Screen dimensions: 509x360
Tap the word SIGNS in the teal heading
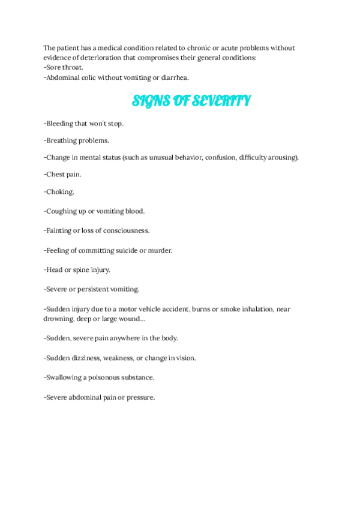click(x=147, y=101)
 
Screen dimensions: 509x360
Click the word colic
click(x=92, y=77)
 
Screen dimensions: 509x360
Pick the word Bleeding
click(x=61, y=124)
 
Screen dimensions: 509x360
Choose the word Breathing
click(x=62, y=140)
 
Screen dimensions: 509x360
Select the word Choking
click(x=59, y=192)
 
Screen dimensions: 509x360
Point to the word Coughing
click(x=62, y=211)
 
